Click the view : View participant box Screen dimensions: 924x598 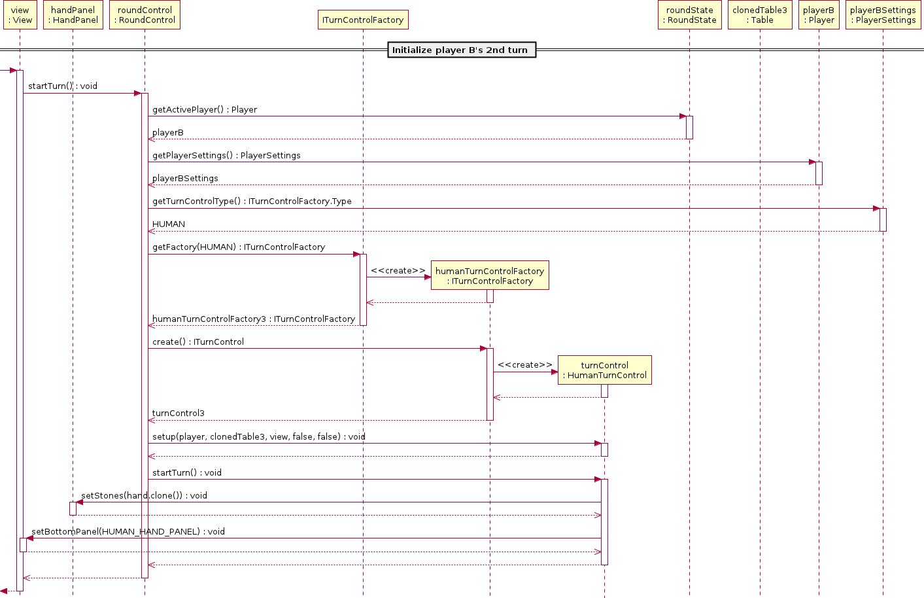(20, 15)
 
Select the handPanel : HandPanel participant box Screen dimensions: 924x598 (73, 15)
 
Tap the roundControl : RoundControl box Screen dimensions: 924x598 (145, 15)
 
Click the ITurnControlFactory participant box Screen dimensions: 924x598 (363, 20)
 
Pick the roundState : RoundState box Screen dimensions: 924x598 (690, 15)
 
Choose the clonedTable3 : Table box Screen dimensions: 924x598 (760, 15)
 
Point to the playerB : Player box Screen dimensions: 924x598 (819, 15)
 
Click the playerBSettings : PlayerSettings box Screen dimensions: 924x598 (883, 15)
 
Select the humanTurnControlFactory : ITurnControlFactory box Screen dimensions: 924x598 (490, 275)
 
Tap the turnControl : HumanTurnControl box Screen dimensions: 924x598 (605, 370)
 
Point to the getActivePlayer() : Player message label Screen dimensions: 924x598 (205, 109)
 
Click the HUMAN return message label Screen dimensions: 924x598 (169, 224)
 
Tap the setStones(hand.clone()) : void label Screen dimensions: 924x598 (144, 495)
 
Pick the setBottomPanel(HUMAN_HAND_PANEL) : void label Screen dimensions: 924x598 (128, 531)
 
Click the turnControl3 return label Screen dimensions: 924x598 (179, 413)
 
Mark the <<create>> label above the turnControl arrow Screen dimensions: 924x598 (524, 365)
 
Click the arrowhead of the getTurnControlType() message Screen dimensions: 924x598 (876, 209)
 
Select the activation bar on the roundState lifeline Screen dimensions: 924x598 (690, 128)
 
